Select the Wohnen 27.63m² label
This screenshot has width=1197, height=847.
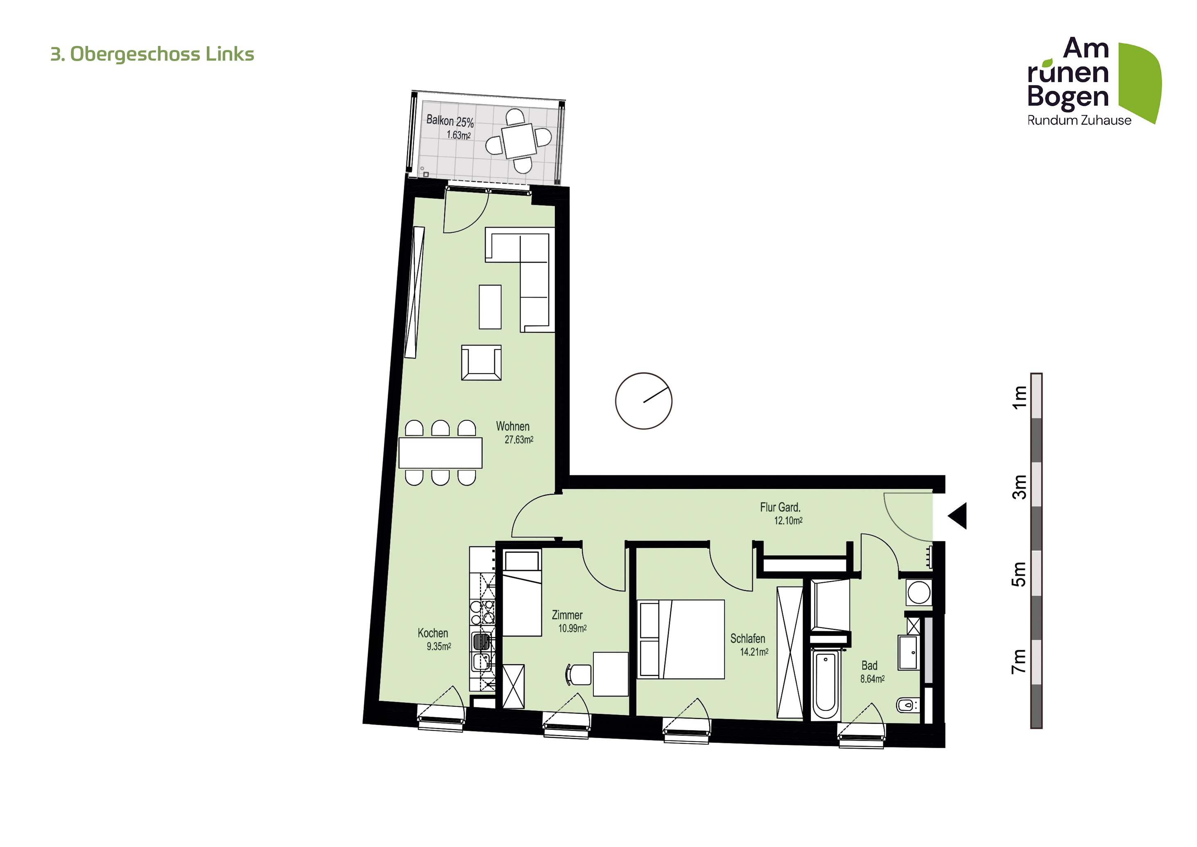click(515, 433)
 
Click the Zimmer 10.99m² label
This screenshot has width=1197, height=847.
click(569, 622)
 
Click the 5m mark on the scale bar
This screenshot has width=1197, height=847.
click(1019, 574)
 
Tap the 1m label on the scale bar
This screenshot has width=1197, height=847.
click(1019, 397)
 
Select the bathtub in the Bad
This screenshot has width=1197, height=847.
click(825, 684)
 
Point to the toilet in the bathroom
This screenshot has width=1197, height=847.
click(907, 705)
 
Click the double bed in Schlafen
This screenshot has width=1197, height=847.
click(681, 639)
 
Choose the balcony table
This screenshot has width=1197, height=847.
click(519, 141)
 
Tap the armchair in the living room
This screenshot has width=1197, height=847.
click(481, 363)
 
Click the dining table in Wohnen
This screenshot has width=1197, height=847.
click(441, 453)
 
